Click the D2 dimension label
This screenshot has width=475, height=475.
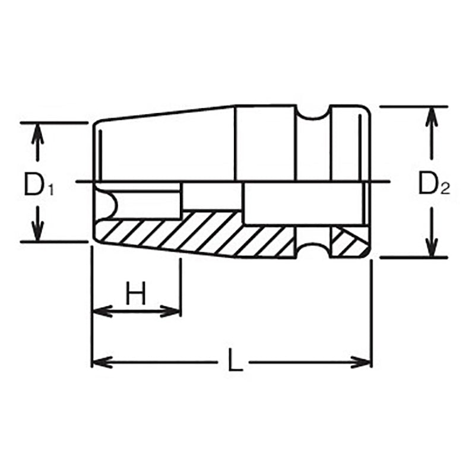point(433,184)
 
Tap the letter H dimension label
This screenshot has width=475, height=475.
point(136,294)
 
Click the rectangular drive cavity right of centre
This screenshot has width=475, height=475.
point(303,203)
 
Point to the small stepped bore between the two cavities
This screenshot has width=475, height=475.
point(211,197)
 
